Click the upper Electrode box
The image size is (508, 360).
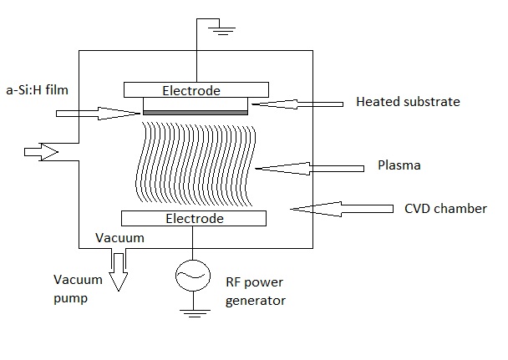click(196, 89)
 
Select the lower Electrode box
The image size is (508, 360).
click(194, 218)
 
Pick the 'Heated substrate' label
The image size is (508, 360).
click(407, 102)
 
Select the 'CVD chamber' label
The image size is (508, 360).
click(445, 208)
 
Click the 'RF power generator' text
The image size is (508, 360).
click(256, 291)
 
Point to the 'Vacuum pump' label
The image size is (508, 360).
click(78, 288)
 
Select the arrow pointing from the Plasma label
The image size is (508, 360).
click(309, 168)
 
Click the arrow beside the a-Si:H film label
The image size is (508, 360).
click(96, 113)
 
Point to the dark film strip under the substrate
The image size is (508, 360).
click(196, 112)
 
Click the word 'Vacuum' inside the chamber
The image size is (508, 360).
click(119, 238)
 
